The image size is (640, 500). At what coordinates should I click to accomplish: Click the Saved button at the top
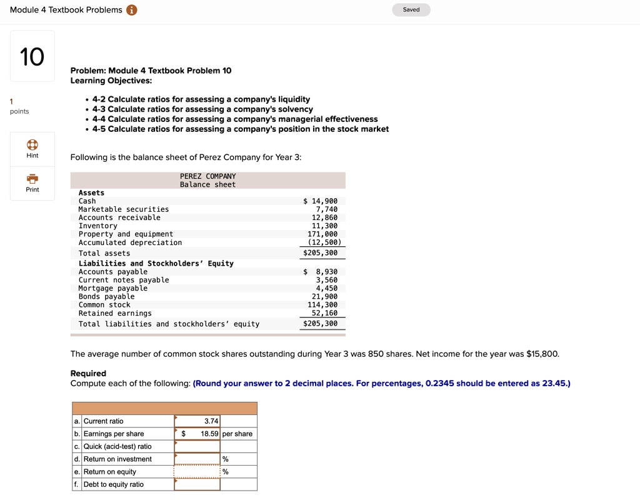click(x=411, y=9)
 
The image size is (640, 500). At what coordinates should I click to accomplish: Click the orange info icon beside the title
click(x=131, y=9)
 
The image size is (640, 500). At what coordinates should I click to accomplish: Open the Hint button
click(x=32, y=148)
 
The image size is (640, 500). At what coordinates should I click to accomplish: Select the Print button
click(x=32, y=182)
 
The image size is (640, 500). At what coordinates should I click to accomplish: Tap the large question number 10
click(x=32, y=57)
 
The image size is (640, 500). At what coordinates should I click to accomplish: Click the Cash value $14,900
click(x=321, y=201)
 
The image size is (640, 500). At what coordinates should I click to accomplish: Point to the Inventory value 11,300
click(x=324, y=226)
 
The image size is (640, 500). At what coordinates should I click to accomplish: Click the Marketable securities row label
click(x=124, y=209)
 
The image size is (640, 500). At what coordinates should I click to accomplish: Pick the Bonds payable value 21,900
click(x=324, y=296)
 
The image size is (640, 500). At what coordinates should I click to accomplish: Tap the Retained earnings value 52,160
click(x=324, y=313)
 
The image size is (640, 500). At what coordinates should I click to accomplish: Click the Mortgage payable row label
click(x=113, y=288)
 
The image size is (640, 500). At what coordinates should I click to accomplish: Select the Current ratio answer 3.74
click(x=197, y=421)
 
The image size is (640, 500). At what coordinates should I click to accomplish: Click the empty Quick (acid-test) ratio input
click(x=197, y=446)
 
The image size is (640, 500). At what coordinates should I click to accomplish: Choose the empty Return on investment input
click(x=197, y=459)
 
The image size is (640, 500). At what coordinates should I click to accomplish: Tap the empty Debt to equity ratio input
click(x=197, y=484)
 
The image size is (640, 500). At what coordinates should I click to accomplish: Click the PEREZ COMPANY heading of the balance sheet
click(x=208, y=176)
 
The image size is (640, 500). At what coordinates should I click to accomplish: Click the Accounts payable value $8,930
click(x=321, y=272)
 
